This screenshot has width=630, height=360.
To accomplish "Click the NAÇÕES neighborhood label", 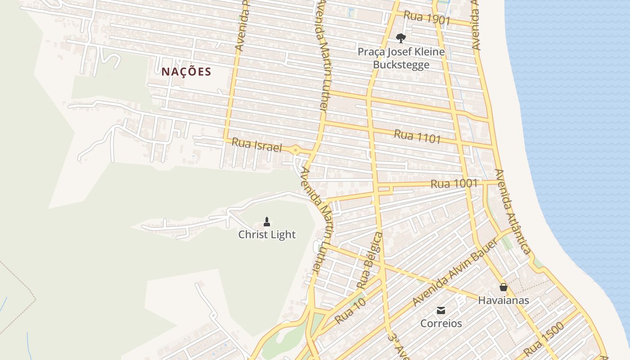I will point(186,72).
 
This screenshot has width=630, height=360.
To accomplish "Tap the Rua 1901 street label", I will point(427,18).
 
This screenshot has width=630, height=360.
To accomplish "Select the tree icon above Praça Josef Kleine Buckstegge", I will point(400,38).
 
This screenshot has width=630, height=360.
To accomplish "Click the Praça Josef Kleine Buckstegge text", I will point(401,58).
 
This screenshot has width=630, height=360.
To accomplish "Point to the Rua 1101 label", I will point(417,136).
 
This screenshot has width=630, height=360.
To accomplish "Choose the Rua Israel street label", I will point(256,145).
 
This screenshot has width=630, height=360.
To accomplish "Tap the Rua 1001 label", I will point(454,184).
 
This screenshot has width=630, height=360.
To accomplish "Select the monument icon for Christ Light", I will point(267,221).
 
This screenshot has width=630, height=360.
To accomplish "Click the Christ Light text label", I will point(267,234).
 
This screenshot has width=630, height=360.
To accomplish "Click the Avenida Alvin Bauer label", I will point(454,273).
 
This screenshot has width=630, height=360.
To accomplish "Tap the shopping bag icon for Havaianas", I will point(503,287).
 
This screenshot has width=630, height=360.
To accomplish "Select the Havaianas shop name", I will point(503,300).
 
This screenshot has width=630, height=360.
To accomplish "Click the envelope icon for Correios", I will point(441,310).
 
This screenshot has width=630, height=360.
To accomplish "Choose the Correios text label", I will point(441,323).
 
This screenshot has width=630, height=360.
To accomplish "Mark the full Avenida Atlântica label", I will point(513,211).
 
